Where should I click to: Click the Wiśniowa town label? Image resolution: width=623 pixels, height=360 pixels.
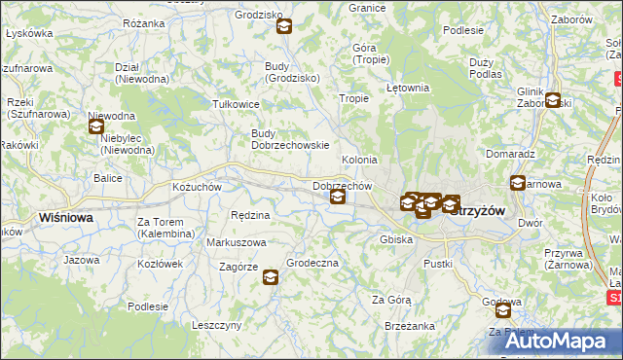(65, 218)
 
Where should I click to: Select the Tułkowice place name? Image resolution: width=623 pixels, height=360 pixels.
(236, 103)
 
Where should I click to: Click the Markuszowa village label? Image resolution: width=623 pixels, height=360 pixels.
(236, 241)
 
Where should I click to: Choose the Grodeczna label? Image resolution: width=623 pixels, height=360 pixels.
(312, 263)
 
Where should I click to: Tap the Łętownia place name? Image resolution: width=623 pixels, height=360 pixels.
(408, 88)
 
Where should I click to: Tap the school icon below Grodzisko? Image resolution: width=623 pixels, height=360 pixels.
(283, 26)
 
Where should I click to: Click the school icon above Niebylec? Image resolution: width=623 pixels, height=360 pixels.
(96, 126)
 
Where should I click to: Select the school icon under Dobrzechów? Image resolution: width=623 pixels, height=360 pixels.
(338, 198)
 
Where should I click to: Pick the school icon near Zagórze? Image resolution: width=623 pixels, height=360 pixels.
(270, 278)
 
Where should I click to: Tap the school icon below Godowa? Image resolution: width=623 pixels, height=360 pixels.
(503, 310)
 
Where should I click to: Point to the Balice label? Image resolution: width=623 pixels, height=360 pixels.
(107, 178)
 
